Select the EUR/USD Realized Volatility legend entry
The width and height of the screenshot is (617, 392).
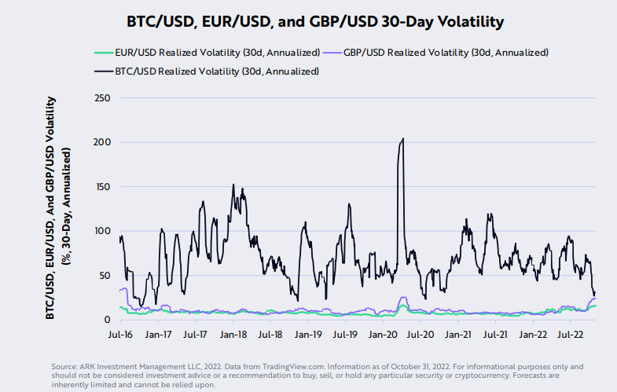(216, 53)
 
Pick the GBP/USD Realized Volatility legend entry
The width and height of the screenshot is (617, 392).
(444, 53)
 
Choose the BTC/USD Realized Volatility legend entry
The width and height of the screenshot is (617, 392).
(216, 71)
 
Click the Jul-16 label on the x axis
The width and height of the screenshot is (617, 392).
(120, 334)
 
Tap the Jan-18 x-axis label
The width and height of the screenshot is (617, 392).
(233, 334)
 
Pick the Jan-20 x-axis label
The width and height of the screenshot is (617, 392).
(383, 334)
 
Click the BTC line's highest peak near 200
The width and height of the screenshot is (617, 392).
(403, 139)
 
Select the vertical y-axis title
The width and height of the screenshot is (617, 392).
(59, 208)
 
